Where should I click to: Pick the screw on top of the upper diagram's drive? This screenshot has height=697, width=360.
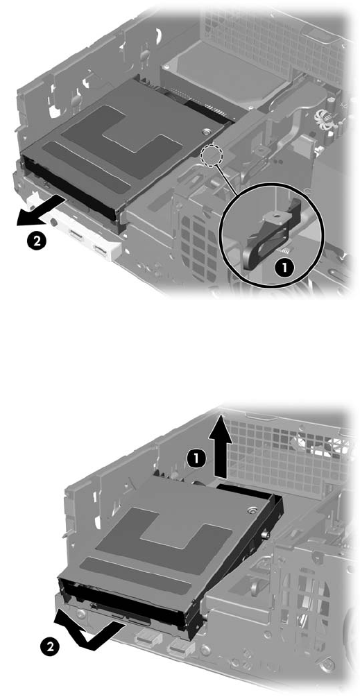click(x=205, y=131)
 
